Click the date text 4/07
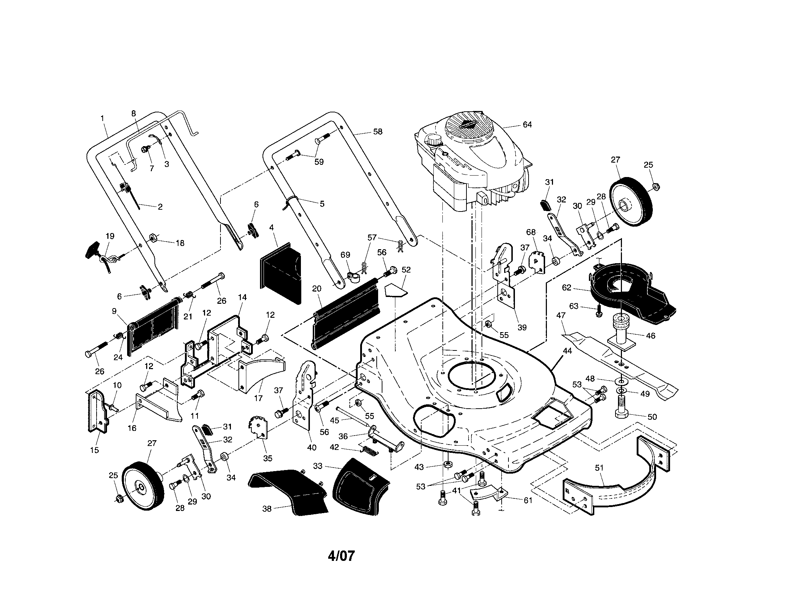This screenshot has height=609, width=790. click(341, 556)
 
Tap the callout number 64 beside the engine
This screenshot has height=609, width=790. click(527, 124)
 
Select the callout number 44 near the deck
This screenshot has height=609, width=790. click(567, 350)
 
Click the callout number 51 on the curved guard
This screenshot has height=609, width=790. click(599, 468)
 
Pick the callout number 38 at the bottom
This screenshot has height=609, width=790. click(266, 509)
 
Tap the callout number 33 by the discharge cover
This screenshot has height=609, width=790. click(317, 466)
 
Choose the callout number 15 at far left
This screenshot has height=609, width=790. click(94, 450)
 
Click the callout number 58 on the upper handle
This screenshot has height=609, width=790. click(377, 132)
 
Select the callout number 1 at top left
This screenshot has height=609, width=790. click(102, 118)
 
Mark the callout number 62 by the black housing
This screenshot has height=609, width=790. click(566, 288)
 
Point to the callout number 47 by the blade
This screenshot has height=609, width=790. click(560, 316)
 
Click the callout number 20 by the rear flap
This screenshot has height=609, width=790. click(316, 289)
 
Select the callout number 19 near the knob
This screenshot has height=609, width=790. click(110, 236)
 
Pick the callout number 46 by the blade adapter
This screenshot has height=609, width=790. click(650, 336)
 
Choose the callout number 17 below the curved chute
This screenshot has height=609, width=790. click(258, 399)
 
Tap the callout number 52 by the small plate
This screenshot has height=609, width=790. click(406, 270)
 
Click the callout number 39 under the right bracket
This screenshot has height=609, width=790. click(522, 327)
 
